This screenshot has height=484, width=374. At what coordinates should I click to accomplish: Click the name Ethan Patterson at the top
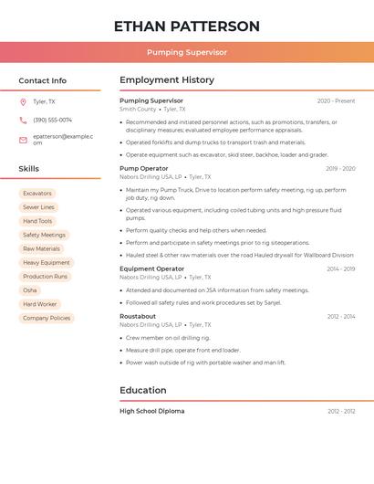point(187,26)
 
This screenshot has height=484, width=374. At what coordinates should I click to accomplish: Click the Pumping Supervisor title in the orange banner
point(187,52)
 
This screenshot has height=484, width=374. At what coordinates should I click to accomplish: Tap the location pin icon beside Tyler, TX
point(23,102)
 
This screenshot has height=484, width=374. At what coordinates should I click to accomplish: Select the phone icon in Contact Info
point(23,120)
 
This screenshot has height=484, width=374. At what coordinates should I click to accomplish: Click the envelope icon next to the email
point(23,139)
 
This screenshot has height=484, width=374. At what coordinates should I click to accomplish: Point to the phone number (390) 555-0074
point(52,120)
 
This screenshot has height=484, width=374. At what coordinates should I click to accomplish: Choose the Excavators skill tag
point(37,194)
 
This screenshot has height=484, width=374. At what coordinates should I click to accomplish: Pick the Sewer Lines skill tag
point(38,207)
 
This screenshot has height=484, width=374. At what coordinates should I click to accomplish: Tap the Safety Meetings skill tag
point(44,235)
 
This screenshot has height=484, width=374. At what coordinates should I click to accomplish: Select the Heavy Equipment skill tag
point(47,262)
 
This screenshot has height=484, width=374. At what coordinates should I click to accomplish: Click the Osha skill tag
point(30,290)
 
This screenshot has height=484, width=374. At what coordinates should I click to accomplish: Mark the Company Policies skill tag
point(47,318)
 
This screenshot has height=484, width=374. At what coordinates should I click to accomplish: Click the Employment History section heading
point(167,80)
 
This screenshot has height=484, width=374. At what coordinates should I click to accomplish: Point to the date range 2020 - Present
point(336,100)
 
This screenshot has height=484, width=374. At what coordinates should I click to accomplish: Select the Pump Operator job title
point(143,168)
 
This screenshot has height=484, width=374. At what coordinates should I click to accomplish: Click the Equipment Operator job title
point(151,268)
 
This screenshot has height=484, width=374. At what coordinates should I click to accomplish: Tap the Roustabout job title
point(138,316)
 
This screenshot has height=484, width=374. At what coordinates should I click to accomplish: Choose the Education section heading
point(143,390)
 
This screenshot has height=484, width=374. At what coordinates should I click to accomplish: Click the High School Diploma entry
point(151,411)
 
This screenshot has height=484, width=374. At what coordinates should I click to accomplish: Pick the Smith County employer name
point(138,109)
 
